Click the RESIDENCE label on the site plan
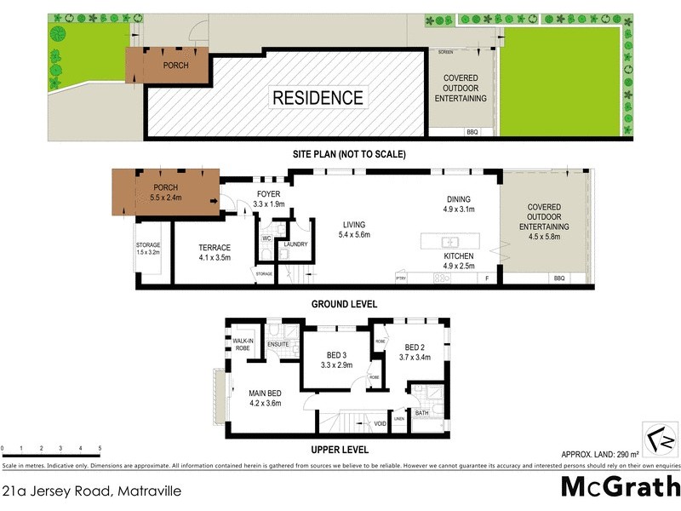point(318,98)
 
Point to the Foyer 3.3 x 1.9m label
point(268,199)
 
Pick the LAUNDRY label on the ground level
point(295,244)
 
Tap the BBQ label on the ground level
point(559,278)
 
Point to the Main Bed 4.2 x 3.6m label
point(265,398)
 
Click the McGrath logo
point(619,487)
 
